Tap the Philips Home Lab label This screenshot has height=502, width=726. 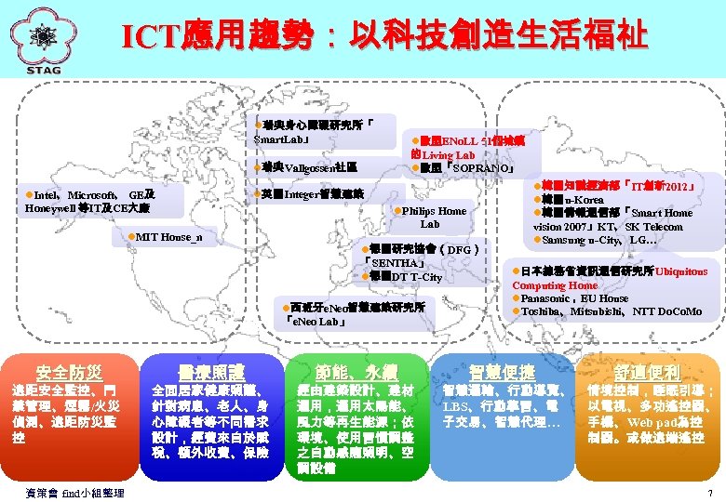pyautogui.click(x=429, y=218)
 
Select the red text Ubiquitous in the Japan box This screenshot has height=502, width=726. pyautogui.click(x=680, y=272)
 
